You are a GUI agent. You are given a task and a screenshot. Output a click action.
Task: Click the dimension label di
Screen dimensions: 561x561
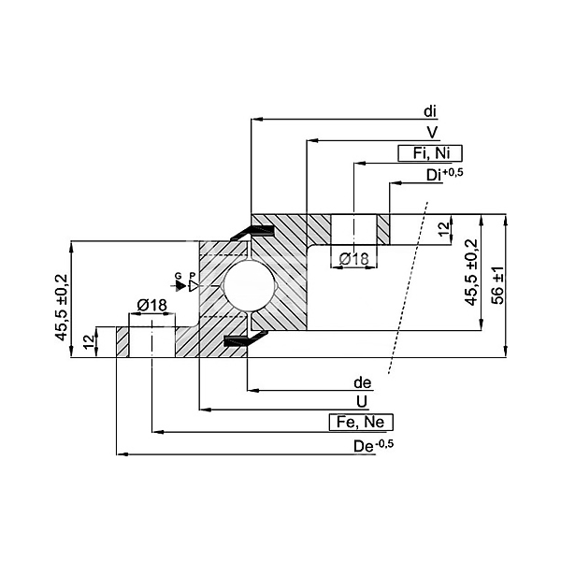430,111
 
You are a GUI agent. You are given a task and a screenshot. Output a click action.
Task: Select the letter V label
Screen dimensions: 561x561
432,133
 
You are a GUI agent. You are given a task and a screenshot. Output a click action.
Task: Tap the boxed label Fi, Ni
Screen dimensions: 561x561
430,153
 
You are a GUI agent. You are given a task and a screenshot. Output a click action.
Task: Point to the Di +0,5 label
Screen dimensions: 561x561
444,175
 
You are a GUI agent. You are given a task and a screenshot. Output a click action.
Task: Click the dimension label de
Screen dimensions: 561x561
363,382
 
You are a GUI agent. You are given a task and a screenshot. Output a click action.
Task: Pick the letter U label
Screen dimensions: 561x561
362,402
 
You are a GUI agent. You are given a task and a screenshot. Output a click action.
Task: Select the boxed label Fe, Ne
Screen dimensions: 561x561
361,423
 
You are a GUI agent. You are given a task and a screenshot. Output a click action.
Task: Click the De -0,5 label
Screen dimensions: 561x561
373,445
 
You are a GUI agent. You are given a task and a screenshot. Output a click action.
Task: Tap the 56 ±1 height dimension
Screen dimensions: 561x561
497,285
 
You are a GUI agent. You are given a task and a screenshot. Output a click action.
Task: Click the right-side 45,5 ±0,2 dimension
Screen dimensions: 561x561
471,272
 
